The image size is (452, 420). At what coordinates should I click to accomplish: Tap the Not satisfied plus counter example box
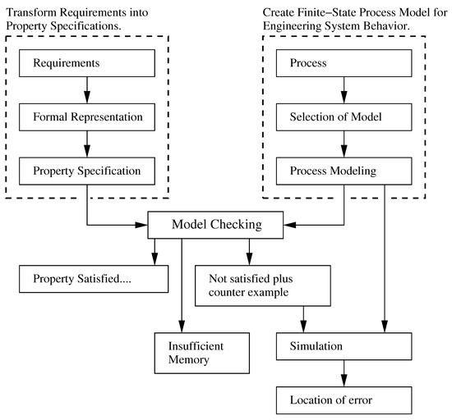(x=262, y=285)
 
